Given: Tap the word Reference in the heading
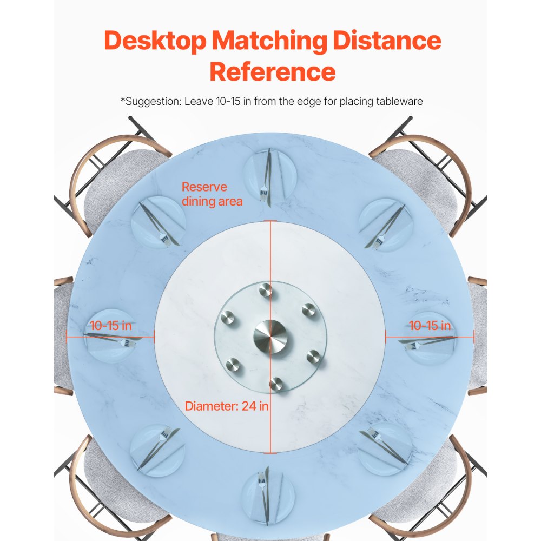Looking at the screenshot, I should tap(272, 72).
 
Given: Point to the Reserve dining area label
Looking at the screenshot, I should tap(212, 194).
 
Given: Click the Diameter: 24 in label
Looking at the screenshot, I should tap(227, 406).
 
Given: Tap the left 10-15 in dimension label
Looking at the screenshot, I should tap(111, 326).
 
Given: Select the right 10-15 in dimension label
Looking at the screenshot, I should tap(430, 326).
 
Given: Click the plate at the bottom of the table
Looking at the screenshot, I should tap(268, 494).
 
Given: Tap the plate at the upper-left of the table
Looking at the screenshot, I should tap(158, 222).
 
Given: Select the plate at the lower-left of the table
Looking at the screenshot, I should tap(157, 450).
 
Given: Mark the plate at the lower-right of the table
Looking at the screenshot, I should tap(385, 448).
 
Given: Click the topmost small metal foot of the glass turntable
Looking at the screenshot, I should tap(265, 291).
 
